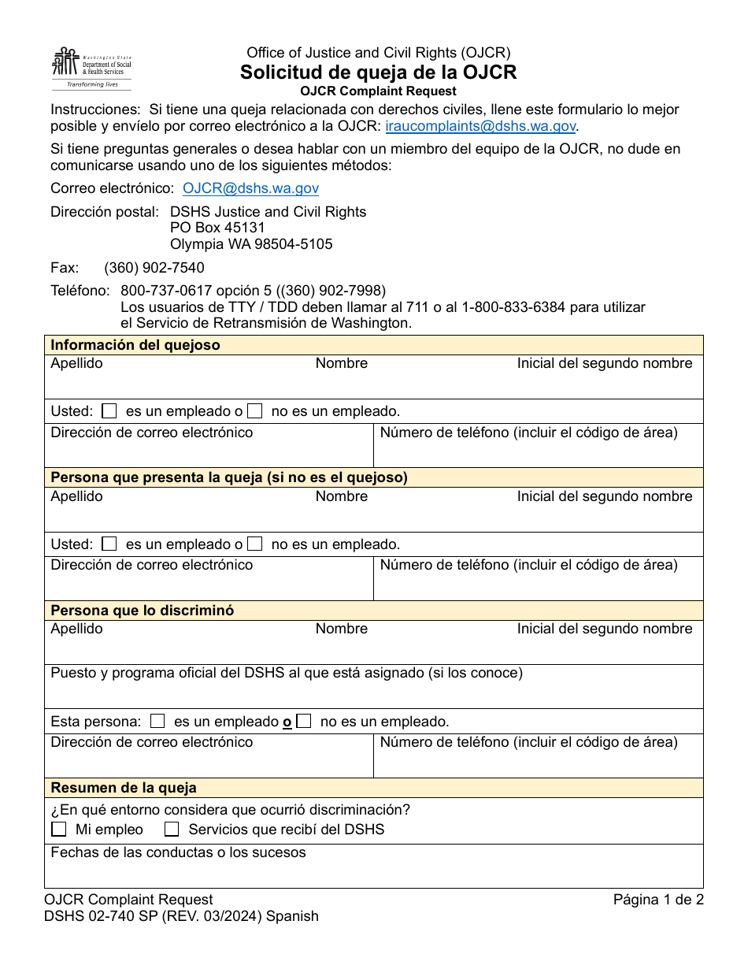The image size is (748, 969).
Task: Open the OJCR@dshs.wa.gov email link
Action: pos(250,188)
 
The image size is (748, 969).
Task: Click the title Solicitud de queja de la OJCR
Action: pos(378,72)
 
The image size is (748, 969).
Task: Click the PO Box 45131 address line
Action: pos(217,228)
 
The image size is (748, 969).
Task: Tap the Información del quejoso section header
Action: pos(135,345)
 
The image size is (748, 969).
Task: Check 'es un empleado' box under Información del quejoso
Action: pos(109,411)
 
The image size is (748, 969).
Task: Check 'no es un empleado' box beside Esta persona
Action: pos(304,721)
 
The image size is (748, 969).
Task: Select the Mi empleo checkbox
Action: pos(59,830)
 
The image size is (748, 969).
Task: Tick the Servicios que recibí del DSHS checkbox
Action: pos(172,830)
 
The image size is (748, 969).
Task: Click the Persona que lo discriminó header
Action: pos(142,611)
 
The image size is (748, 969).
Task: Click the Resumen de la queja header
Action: pos(124,788)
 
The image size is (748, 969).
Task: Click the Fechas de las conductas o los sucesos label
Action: pos(178,852)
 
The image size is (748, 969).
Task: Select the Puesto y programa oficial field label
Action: pos(287,673)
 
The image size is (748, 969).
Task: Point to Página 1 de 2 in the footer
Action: pos(657,900)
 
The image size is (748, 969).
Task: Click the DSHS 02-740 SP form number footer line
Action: pos(181,916)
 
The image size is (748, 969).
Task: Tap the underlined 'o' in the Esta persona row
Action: pos(287,722)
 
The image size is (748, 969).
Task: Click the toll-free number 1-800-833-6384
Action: pos(513,307)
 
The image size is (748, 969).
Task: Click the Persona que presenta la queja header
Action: pos(229,477)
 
